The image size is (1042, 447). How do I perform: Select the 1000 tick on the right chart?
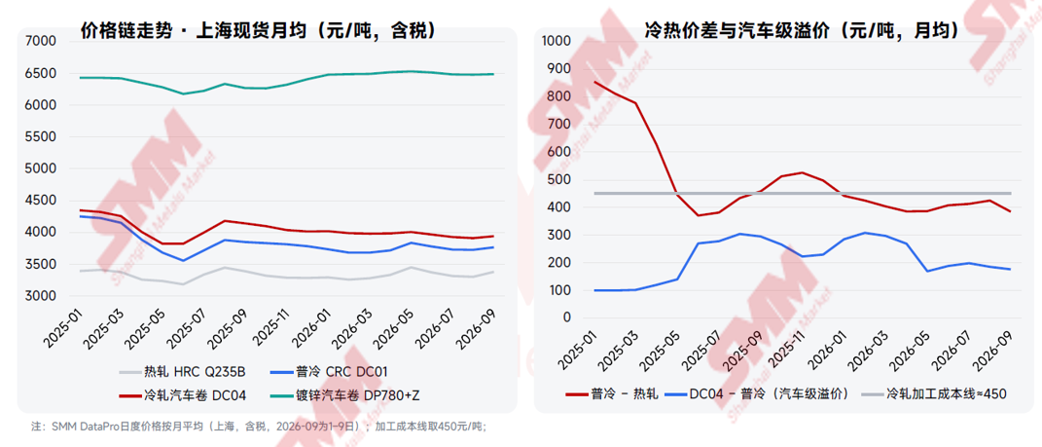[x=557, y=41]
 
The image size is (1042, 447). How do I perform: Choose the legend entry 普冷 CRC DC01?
[x=329, y=372]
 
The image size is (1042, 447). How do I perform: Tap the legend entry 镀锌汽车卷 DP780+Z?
[x=346, y=395]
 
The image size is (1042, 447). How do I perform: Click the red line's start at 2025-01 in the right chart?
[x=594, y=82]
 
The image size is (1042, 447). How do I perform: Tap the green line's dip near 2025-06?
[x=185, y=93]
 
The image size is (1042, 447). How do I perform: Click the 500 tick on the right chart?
[x=560, y=179]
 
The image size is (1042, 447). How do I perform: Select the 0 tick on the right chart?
[x=567, y=317]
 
